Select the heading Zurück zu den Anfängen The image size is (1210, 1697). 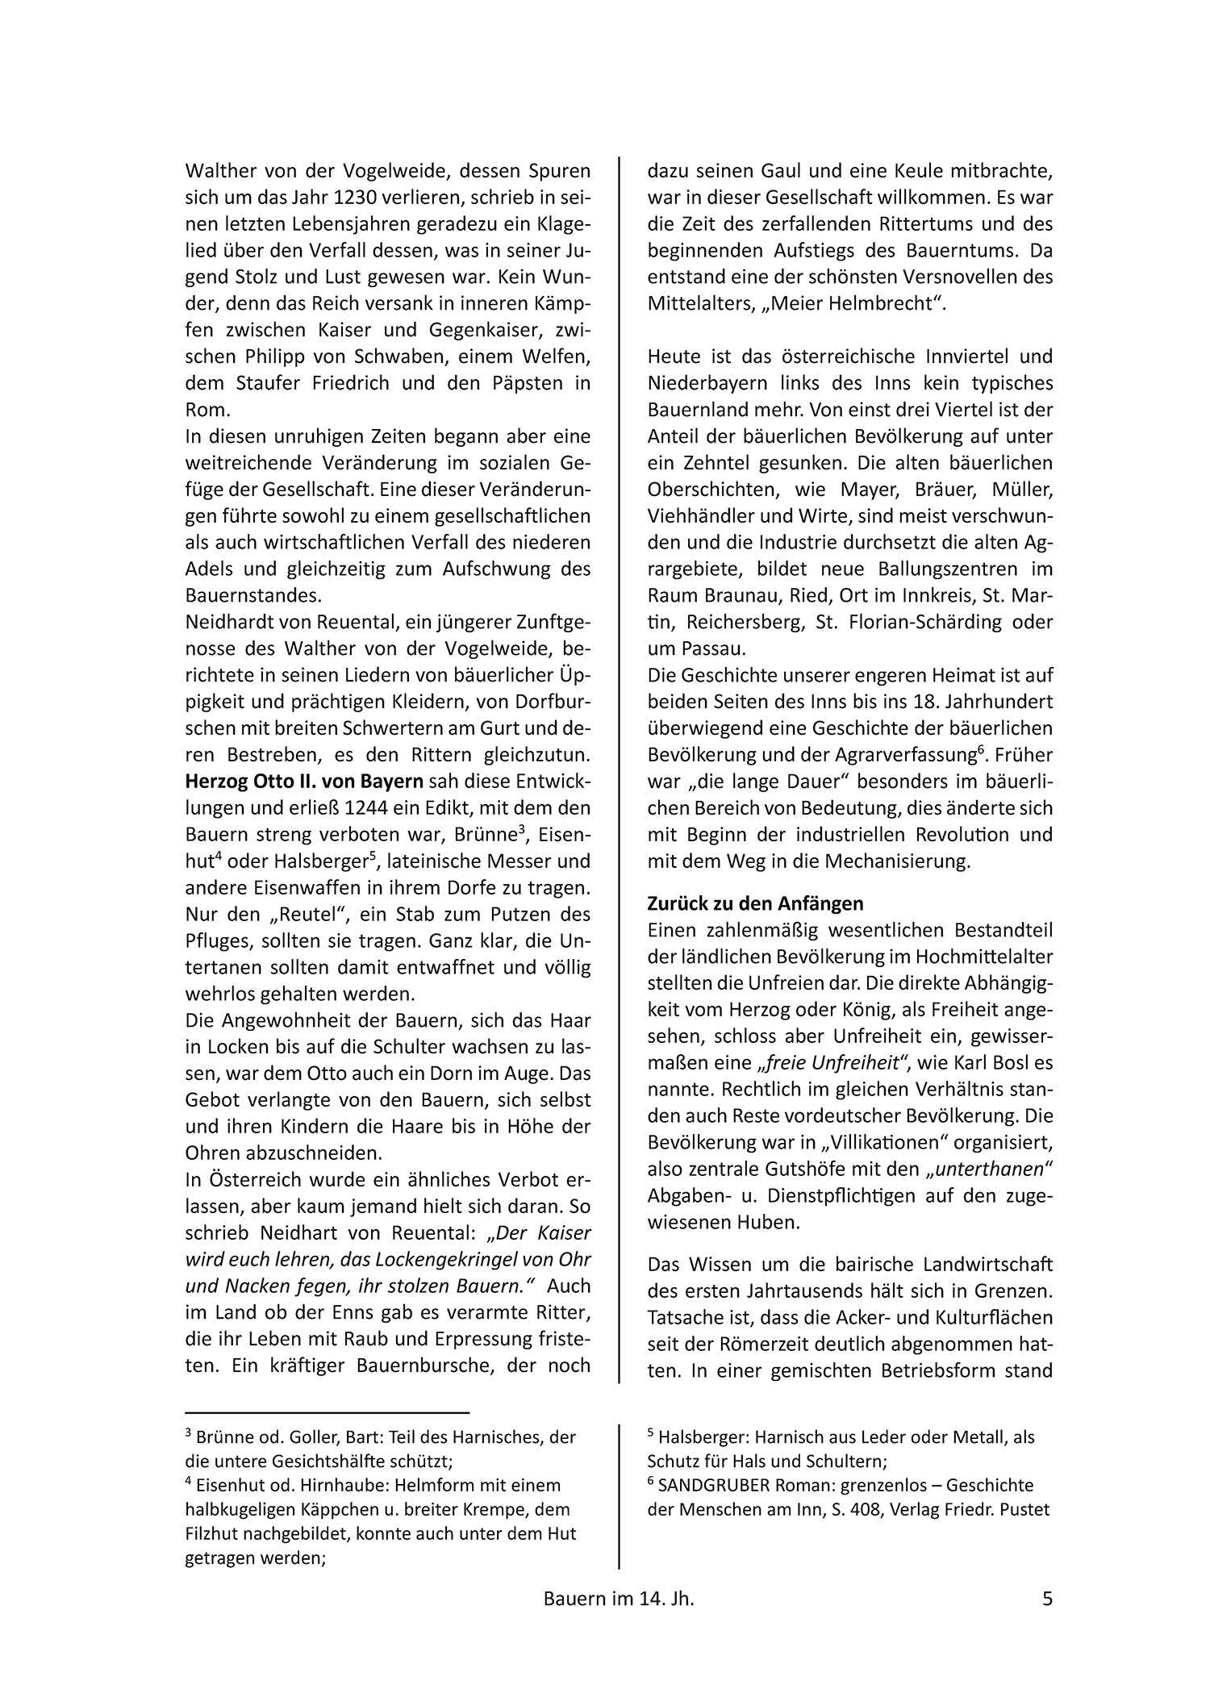coord(755,903)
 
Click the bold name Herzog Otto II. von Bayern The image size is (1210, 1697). coord(304,782)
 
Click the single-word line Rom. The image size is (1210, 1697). coord(202,410)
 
